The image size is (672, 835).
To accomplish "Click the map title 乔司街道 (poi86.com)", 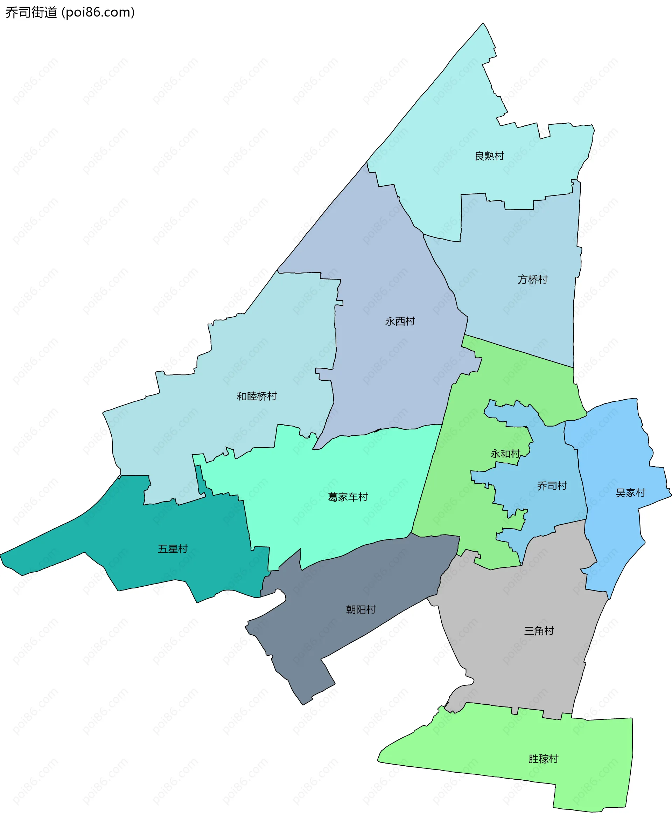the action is pos(70,12).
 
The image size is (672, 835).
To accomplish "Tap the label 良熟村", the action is pos(489,156).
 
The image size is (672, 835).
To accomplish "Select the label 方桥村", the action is pos(532,279).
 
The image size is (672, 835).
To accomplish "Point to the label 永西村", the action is pos(400,321).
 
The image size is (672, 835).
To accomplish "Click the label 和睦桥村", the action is pos(257,396).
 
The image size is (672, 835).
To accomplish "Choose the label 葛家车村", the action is pos(348,497).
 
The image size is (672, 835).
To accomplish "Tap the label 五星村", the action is pos(173,549).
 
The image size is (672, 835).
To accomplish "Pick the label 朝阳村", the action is pos(361,609).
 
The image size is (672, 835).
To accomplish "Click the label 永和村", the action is pos(505,454).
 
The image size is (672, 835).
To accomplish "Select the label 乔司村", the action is pos(552,486).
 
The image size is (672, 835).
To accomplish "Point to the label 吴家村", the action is pos(631,493).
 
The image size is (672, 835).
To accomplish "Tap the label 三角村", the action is pos(539,631).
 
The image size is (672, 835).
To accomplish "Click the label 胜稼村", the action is pos(544,759).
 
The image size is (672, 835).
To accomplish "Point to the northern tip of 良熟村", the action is pos(483,24).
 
